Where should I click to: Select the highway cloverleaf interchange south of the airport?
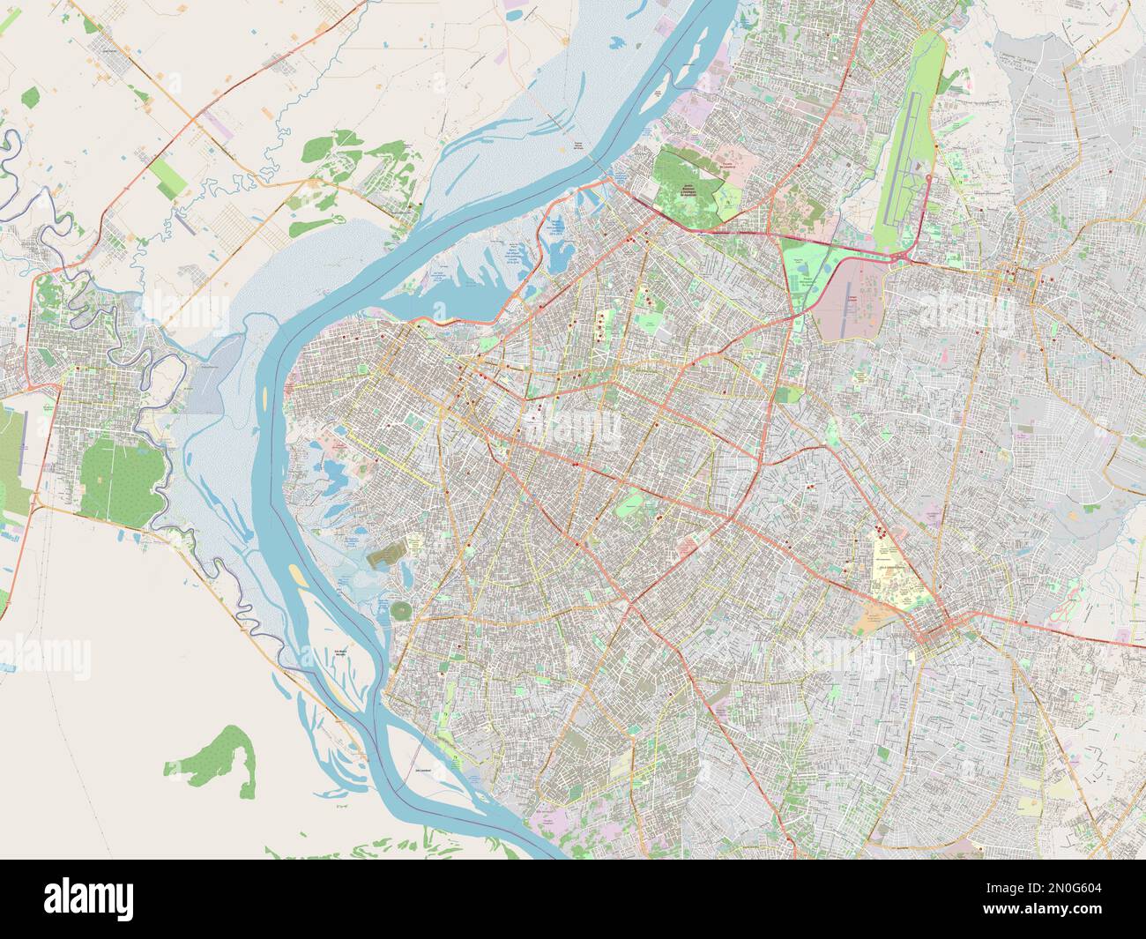[899, 257]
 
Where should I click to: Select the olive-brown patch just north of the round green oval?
[386, 555]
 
